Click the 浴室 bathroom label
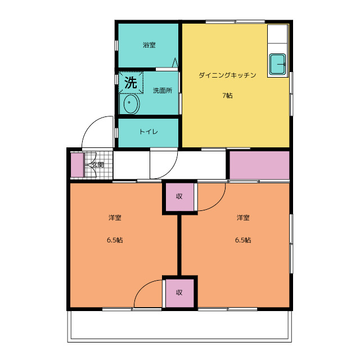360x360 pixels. click(x=149, y=45)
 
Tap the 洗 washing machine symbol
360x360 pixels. click(x=130, y=83)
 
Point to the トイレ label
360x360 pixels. click(x=148, y=132)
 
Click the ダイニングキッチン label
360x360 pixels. click(x=227, y=75)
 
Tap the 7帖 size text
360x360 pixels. click(x=227, y=95)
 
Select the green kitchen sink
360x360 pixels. click(x=278, y=64)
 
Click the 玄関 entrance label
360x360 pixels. click(x=97, y=165)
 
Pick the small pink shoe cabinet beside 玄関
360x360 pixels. click(x=76, y=164)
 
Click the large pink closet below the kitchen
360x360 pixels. click(x=259, y=165)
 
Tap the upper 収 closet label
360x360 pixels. click(x=179, y=196)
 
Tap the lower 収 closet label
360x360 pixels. click(x=179, y=292)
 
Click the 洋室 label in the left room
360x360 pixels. click(x=115, y=217)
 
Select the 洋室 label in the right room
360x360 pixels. click(x=243, y=217)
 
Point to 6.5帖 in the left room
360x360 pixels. click(x=115, y=240)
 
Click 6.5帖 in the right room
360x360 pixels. click(x=243, y=240)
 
